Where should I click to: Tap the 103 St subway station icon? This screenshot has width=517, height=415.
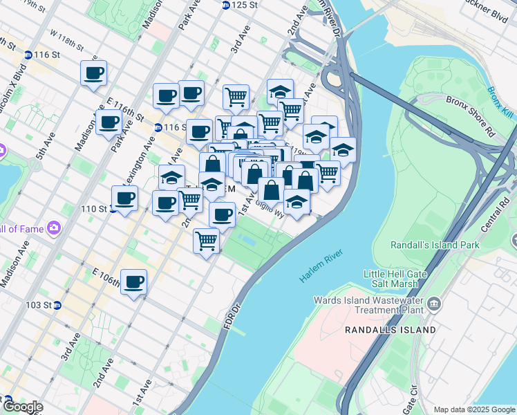coord(57,305)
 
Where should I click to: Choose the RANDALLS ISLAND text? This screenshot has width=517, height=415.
coord(391,330)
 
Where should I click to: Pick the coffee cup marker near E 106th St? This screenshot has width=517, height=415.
coord(134,282)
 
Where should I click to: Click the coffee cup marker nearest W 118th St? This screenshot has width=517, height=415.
coord(93,73)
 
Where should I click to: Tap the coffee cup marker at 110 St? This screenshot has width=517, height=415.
coord(124,199)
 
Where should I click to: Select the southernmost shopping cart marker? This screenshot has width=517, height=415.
coord(206,241)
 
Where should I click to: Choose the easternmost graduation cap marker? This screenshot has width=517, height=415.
coord(342,149)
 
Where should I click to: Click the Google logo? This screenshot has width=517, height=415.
coord(23,407)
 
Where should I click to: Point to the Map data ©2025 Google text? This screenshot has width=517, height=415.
coord(473,409)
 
